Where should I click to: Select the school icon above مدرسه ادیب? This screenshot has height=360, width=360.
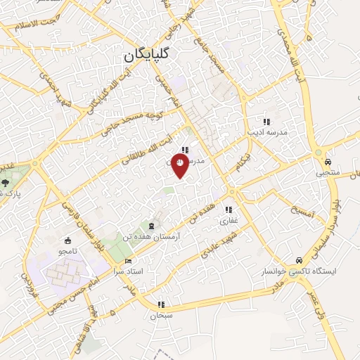tap(266, 121)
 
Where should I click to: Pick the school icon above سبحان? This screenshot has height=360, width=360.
tap(162, 305)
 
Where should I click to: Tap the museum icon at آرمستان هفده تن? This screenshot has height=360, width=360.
tap(153, 226)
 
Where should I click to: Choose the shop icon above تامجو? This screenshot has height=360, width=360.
tap(67, 240)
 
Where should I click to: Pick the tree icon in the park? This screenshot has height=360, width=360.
tap(5, 182)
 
